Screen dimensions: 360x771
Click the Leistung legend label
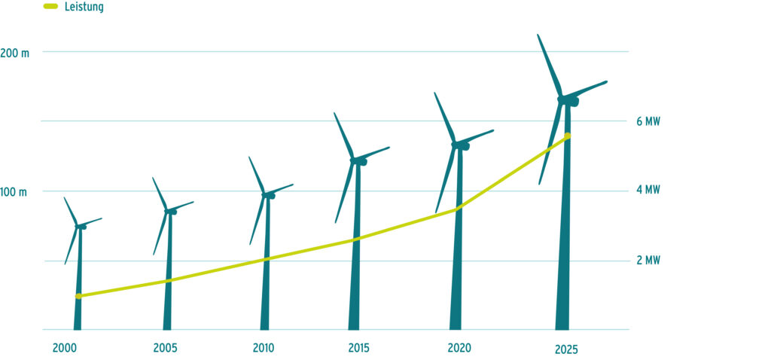(x=84, y=7)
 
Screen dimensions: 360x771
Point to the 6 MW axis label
(x=648, y=121)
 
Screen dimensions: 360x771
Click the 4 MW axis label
(x=648, y=191)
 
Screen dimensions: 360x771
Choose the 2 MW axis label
(x=648, y=261)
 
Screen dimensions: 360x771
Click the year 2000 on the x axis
(x=64, y=348)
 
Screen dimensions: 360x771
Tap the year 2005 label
(x=165, y=348)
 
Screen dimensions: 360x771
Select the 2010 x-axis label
(x=264, y=348)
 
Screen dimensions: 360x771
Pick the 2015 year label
(x=360, y=348)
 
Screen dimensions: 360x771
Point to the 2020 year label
(x=459, y=348)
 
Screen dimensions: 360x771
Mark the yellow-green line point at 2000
(x=78, y=296)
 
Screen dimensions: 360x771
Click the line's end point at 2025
(x=568, y=136)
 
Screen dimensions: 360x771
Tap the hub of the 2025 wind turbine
(x=563, y=99)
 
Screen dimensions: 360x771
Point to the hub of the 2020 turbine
(x=456, y=145)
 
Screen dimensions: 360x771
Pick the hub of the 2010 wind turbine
(x=266, y=195)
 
